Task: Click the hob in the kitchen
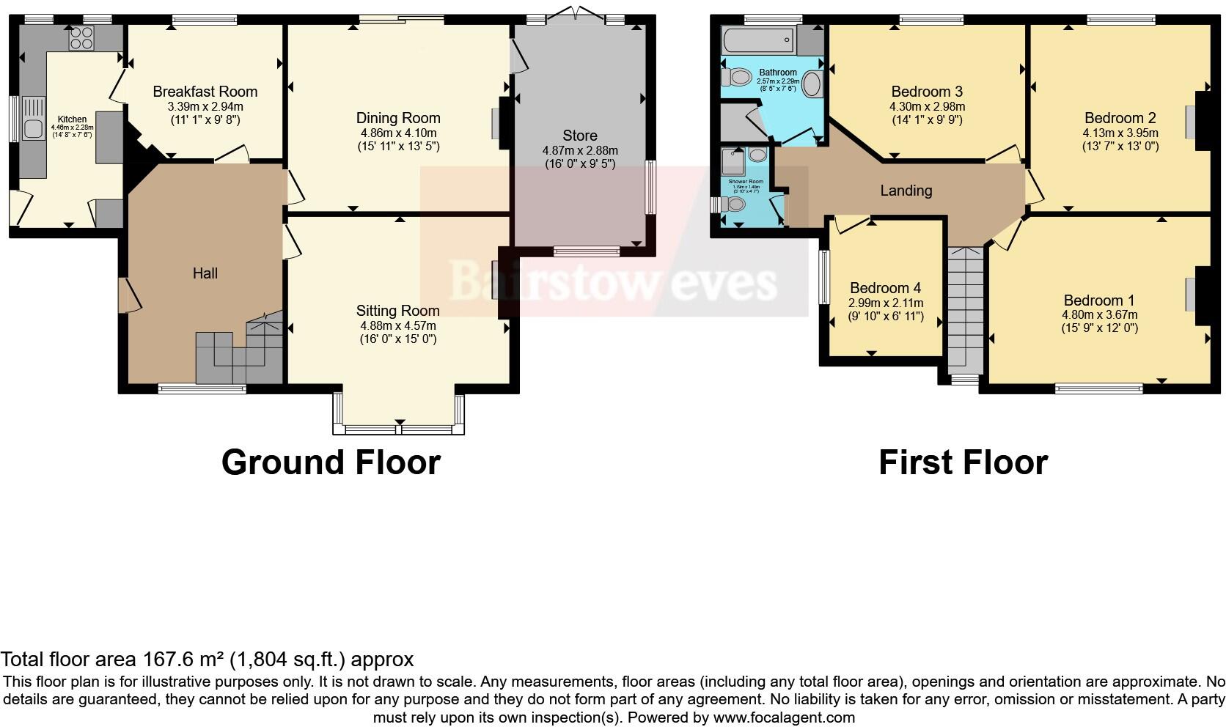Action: pos(81,37)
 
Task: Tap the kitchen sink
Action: pos(34,129)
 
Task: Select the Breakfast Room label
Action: pos(205,92)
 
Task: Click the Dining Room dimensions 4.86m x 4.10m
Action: pos(398,133)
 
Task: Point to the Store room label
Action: pos(579,136)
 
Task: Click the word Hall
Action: pos(205,273)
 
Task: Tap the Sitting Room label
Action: pos(397,311)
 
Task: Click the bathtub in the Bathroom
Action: pos(758,40)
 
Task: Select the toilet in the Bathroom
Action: pos(737,76)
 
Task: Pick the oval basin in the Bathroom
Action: pos(812,85)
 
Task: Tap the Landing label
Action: pos(906,191)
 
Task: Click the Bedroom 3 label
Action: pos(926,92)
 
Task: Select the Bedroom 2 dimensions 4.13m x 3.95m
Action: pos(1120,133)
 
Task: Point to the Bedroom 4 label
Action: pos(885,288)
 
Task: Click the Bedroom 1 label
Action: pos(1098,300)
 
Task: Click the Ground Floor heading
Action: pos(331,462)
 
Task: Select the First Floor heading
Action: pos(963,462)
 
